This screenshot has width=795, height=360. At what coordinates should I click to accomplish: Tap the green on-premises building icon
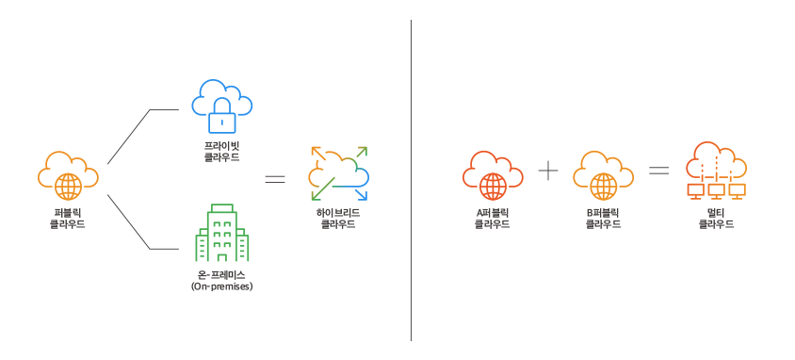point(221,233)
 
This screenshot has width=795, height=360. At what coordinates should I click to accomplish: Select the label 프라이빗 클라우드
point(221,152)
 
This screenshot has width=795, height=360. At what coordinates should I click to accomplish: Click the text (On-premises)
point(221,286)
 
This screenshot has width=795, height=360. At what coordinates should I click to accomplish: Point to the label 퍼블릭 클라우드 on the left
point(68,219)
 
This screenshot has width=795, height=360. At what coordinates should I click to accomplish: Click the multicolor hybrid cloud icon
point(339,173)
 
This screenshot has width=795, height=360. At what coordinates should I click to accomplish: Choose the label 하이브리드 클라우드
point(338,219)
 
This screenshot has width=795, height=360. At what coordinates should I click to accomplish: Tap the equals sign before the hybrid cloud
point(275,179)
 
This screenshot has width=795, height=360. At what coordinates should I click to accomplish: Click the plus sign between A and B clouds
point(547,171)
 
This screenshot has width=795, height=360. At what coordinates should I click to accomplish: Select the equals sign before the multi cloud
point(659,171)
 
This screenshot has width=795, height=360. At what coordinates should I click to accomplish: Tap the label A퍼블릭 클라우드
point(493,219)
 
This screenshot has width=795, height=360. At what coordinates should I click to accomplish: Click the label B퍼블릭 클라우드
point(604,219)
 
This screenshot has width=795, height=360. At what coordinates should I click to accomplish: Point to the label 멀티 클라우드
point(716,219)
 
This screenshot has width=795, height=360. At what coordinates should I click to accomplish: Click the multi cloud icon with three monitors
point(716,171)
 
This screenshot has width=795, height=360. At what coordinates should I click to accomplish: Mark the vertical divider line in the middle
point(412,180)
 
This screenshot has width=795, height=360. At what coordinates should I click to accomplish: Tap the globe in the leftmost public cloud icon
point(69,187)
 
